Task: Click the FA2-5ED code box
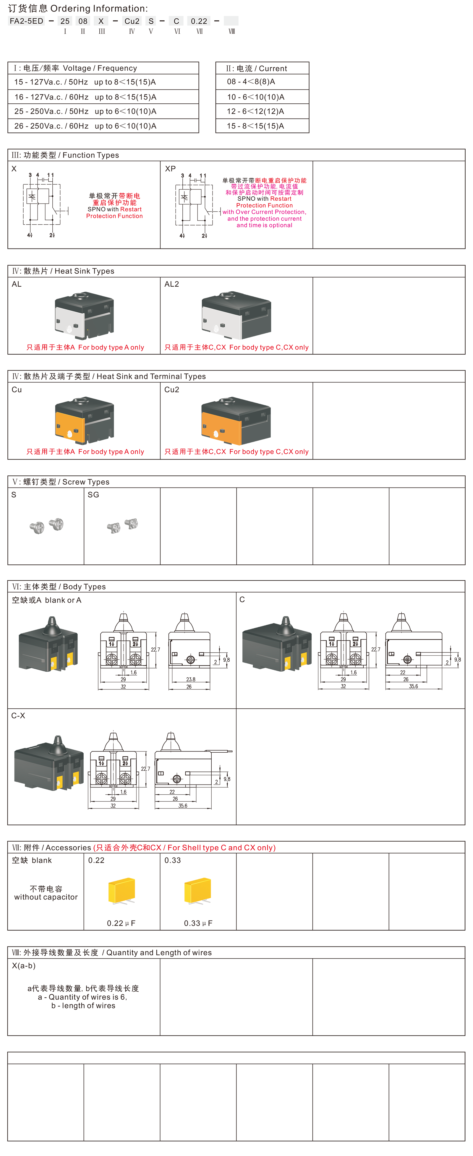[x=27, y=21]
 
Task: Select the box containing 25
[x=65, y=21]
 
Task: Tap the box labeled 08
[x=83, y=21]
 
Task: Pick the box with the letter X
[x=101, y=21]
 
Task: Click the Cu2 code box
[x=132, y=21]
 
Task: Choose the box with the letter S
[x=151, y=21]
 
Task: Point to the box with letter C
[x=176, y=21]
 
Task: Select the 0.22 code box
[x=199, y=21]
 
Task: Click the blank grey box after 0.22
[x=231, y=21]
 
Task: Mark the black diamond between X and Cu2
[x=115, y=21]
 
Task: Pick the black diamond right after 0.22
[x=216, y=21]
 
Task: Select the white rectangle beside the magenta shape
[x=380, y=204]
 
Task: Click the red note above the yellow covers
[x=186, y=847]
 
